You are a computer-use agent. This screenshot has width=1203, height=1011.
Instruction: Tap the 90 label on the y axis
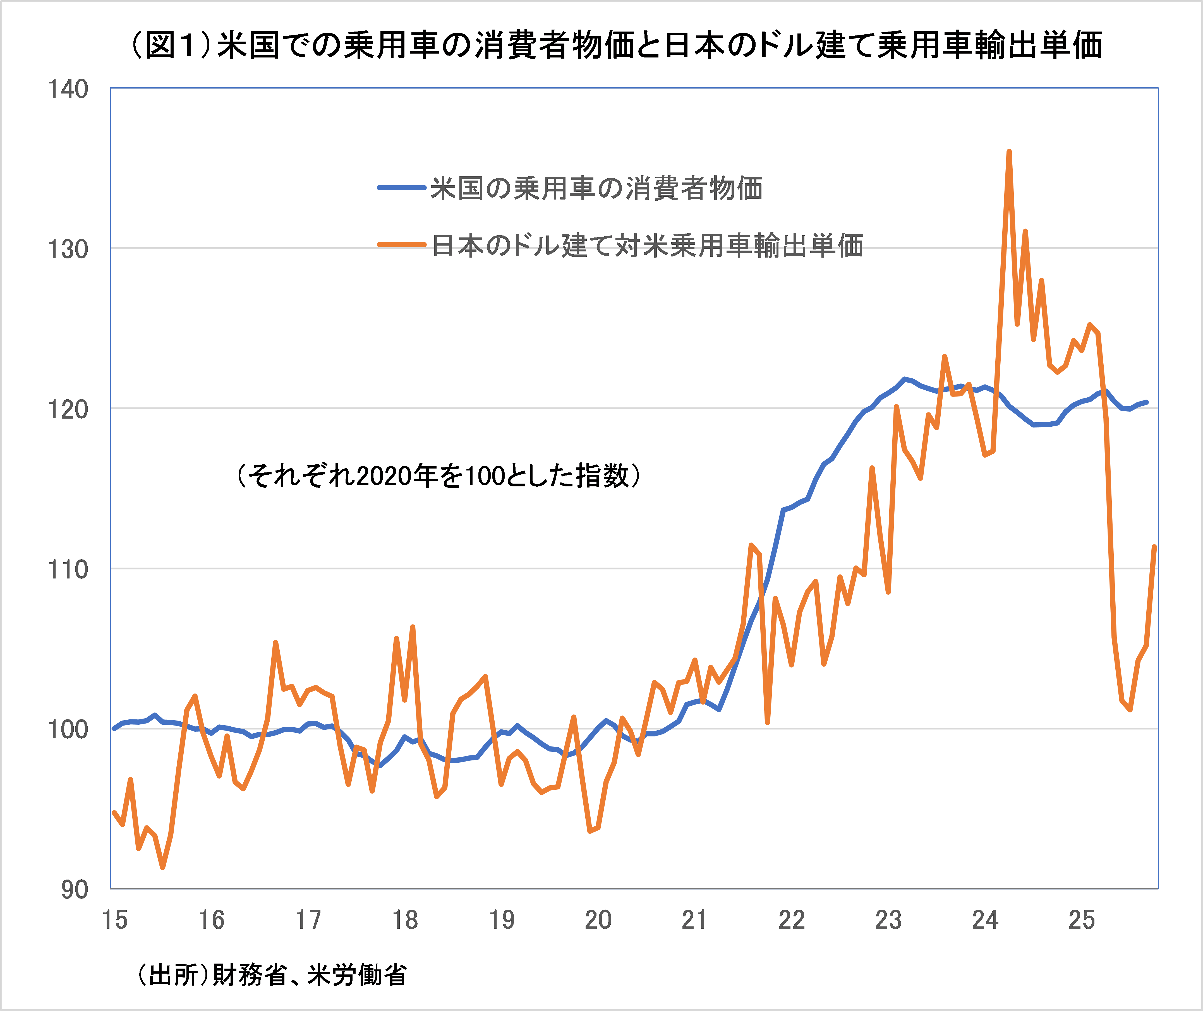click(x=75, y=890)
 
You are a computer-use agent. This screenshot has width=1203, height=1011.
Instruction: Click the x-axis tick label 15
click(x=115, y=920)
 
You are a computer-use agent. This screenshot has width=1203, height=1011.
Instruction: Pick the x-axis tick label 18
click(x=405, y=920)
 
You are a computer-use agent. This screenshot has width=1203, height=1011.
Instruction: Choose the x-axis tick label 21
click(x=695, y=920)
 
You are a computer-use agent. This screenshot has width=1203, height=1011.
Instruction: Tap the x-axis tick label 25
click(x=1082, y=920)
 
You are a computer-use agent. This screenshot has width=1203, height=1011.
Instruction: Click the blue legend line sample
click(x=401, y=188)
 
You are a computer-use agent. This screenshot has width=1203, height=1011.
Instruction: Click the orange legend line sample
click(x=401, y=245)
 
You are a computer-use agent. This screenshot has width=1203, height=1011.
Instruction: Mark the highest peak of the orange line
click(x=1009, y=152)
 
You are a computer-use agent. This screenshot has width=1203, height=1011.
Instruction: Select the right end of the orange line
click(x=1154, y=547)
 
